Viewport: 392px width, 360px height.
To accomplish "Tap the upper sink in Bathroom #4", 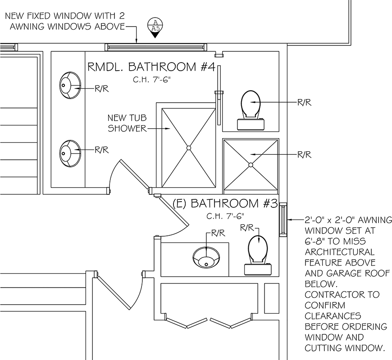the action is click(x=70, y=85).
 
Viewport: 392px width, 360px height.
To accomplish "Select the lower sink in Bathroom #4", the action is click(x=70, y=153).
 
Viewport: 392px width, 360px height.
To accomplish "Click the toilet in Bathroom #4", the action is click(x=251, y=110).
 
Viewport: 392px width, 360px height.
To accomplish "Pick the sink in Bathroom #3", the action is click(x=206, y=257).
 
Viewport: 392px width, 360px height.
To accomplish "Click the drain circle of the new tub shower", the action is click(x=189, y=148).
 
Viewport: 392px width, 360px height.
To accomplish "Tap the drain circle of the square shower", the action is click(x=251, y=165).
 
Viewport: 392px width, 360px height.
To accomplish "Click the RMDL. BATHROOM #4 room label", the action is click(x=151, y=67).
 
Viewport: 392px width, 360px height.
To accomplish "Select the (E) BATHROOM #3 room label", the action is click(x=225, y=203).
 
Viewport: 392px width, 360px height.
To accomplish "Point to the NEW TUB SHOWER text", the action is click(x=127, y=123).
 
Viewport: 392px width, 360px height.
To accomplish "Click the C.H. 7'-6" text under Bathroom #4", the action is click(x=152, y=80).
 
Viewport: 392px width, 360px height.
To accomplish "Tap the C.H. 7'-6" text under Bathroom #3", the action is click(x=225, y=216).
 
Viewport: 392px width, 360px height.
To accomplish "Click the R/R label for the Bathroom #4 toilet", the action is click(x=304, y=102).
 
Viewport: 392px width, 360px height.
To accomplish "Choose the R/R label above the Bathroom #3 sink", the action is click(x=218, y=233).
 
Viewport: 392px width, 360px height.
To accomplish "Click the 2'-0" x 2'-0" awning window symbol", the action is click(x=283, y=220).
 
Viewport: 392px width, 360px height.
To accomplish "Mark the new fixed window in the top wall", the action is click(x=156, y=47).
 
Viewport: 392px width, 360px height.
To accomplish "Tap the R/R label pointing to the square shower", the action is click(x=304, y=155).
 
